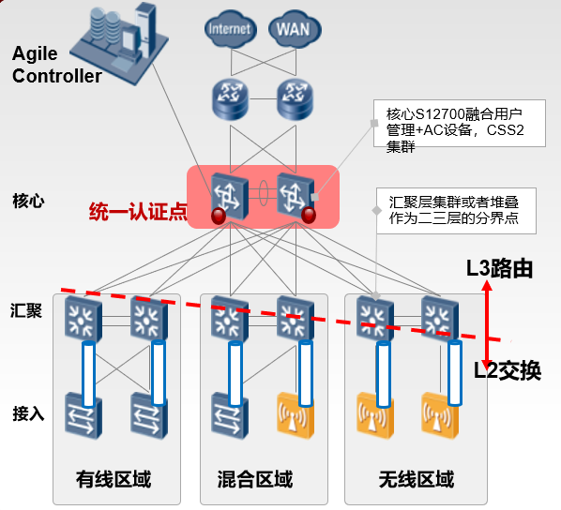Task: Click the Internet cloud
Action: [230, 29]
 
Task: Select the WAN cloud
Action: [295, 29]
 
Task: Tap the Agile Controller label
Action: [56, 65]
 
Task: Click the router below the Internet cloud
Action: [230, 99]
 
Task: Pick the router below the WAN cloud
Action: [295, 99]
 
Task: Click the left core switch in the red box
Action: [229, 196]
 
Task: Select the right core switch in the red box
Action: [296, 196]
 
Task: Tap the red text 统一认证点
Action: [138, 211]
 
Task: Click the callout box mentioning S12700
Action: [460, 124]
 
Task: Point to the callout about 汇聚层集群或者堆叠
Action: [456, 211]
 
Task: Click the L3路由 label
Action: [499, 268]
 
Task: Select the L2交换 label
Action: [508, 370]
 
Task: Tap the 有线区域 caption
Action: [114, 479]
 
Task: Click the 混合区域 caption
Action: [255, 479]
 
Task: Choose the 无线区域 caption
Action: [417, 479]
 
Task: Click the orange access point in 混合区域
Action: [296, 415]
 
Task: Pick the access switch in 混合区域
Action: [230, 415]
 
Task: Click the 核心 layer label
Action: [29, 201]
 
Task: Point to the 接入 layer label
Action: [29, 413]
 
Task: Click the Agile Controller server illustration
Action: [120, 43]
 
